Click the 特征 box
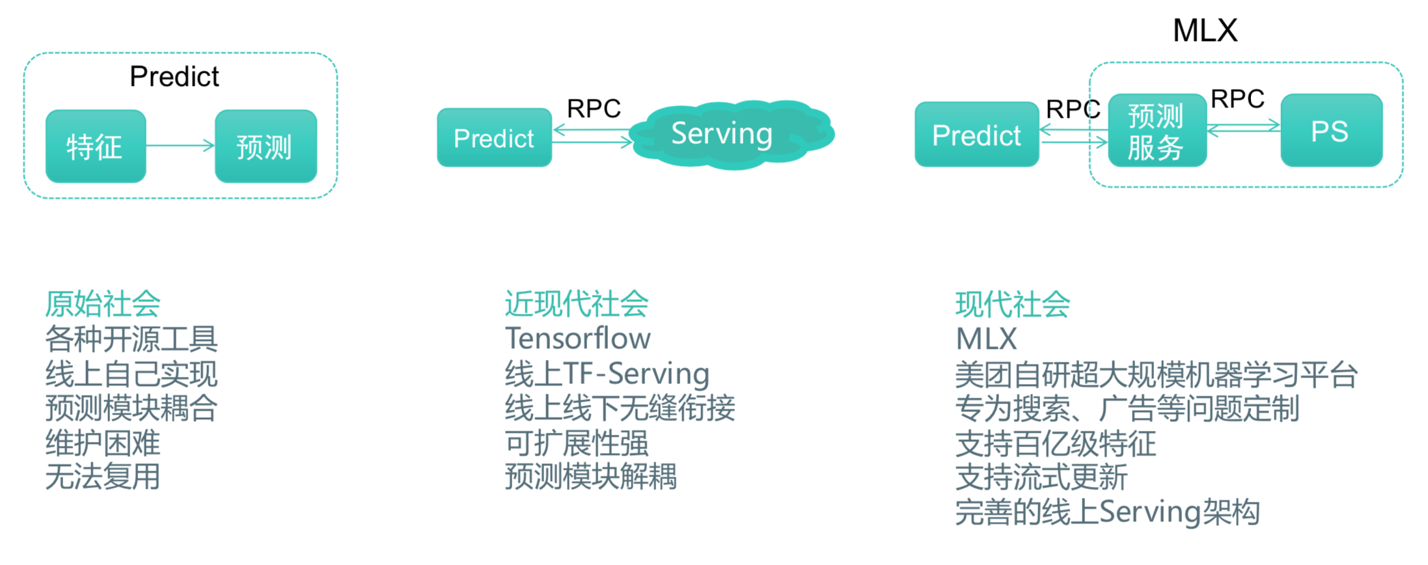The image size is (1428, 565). [96, 146]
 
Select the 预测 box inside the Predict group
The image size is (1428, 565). [266, 146]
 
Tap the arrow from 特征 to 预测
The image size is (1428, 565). [180, 145]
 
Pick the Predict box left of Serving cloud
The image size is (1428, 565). [494, 138]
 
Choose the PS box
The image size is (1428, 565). [1331, 131]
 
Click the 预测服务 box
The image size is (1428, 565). [1157, 131]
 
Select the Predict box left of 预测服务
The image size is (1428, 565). [976, 135]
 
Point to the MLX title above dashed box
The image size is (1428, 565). [1205, 30]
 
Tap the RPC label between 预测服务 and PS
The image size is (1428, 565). [1237, 99]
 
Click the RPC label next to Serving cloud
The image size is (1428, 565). [594, 108]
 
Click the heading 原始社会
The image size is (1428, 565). [103, 304]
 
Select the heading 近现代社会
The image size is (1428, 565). [577, 304]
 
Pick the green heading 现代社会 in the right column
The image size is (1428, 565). [1013, 304]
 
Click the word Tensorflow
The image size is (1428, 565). [578, 338]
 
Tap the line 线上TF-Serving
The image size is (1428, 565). [607, 374]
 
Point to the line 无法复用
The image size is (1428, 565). [103, 476]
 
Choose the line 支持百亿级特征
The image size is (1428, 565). [1055, 443]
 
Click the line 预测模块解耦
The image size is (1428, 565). [591, 476]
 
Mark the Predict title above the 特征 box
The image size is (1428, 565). [174, 77]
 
